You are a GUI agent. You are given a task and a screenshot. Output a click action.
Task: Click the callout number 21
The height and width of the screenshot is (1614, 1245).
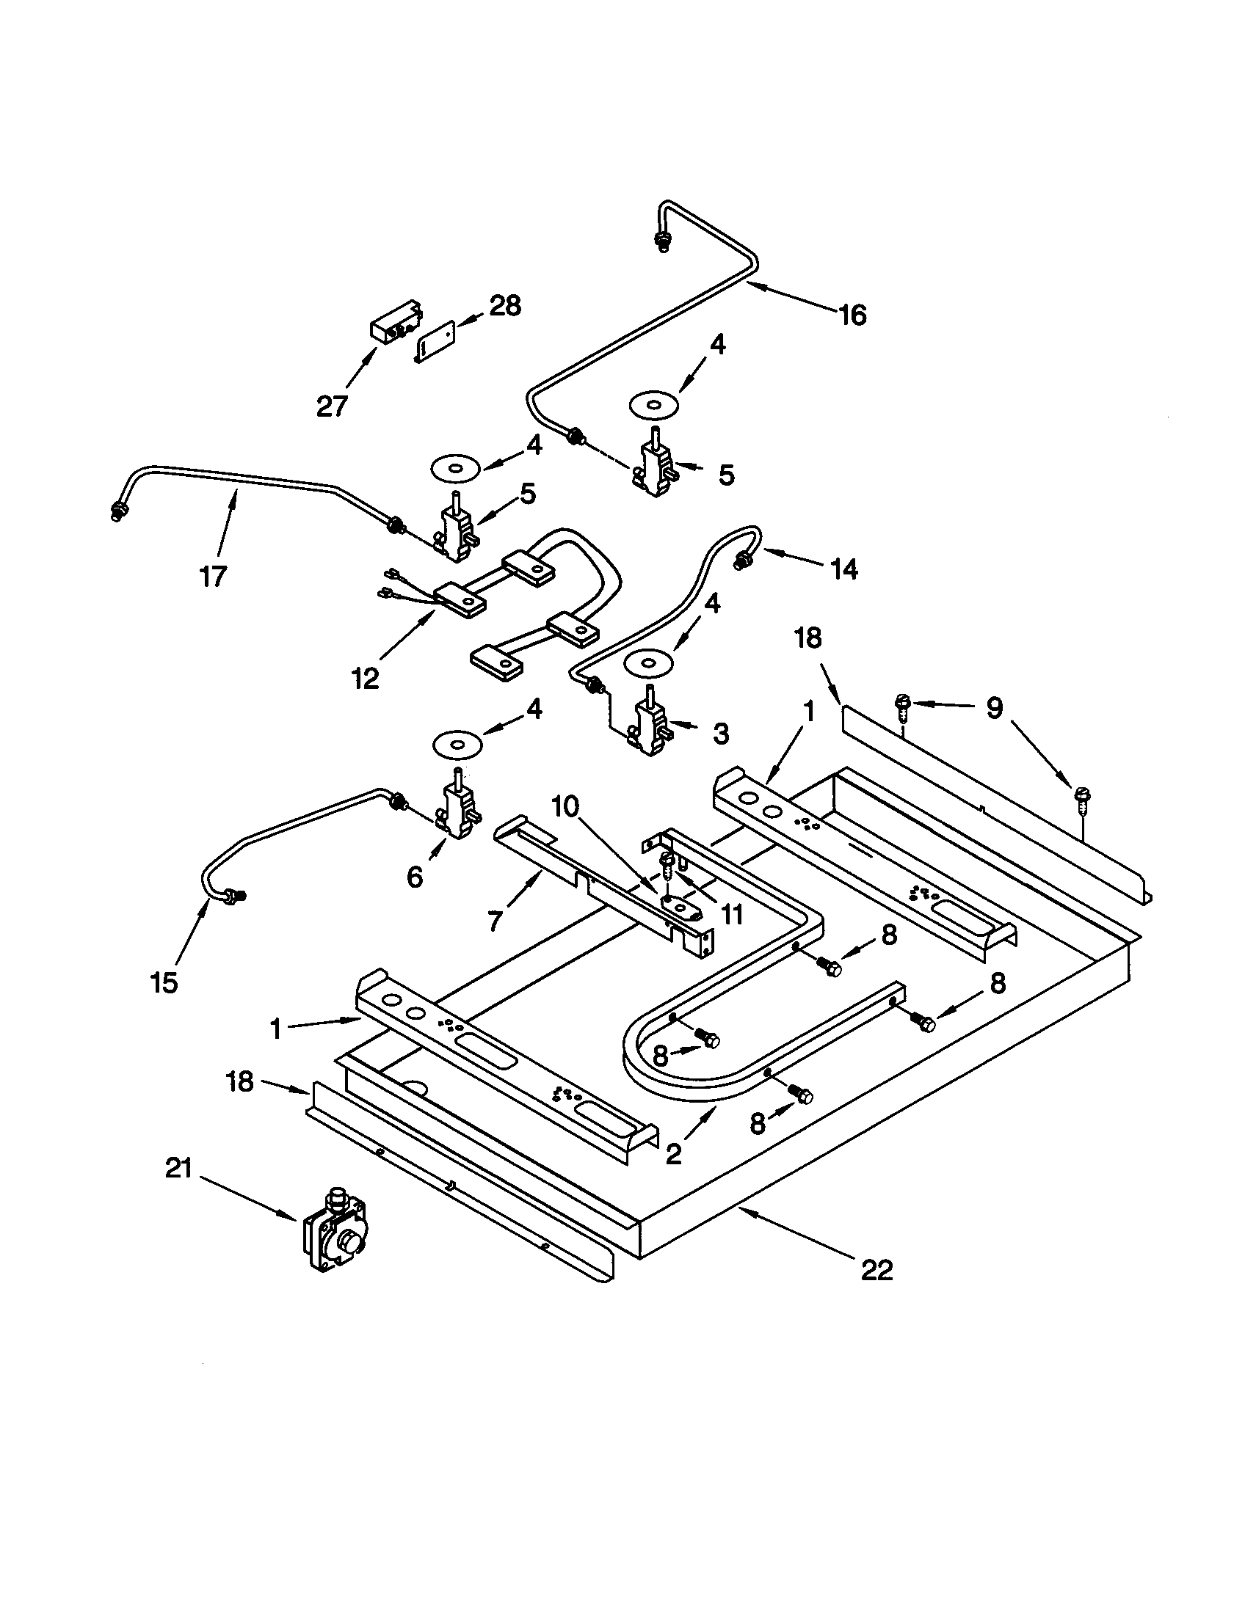(x=178, y=1169)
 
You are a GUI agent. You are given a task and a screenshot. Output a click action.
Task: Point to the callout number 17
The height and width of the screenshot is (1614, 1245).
(x=212, y=576)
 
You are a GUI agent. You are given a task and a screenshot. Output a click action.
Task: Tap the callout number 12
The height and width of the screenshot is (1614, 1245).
(x=366, y=678)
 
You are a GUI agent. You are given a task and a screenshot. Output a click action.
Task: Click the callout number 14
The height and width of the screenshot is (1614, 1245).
(x=843, y=569)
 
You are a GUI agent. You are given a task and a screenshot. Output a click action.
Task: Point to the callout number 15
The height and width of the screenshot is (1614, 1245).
(x=164, y=982)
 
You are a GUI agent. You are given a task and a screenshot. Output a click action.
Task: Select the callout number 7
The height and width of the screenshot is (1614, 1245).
(x=496, y=920)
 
